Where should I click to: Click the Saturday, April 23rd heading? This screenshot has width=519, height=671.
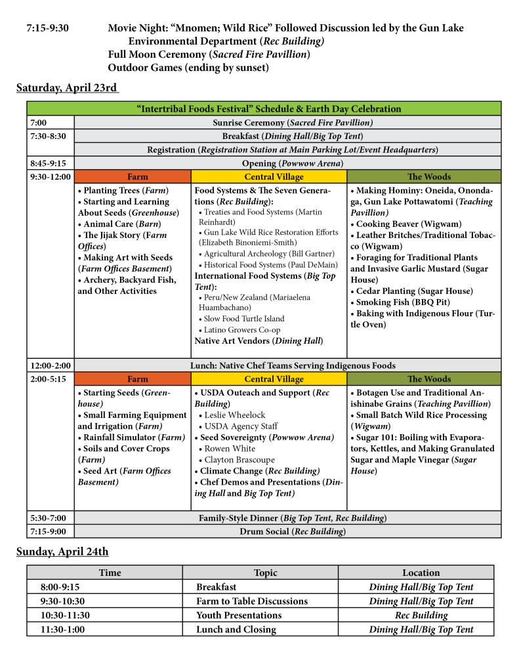pos(67,88)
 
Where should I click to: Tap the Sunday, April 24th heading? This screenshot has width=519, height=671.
pos(62,552)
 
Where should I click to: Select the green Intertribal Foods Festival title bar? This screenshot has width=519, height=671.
pos(264,109)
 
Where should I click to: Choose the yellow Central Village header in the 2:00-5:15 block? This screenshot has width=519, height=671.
pos(269,379)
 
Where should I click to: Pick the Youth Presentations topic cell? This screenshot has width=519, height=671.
pos(239,615)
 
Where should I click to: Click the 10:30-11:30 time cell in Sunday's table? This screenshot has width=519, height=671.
pos(62,615)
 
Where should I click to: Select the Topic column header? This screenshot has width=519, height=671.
pos(265,573)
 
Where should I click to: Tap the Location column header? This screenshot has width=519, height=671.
pos(421,573)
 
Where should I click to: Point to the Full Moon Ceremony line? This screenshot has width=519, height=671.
pos(209,54)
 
